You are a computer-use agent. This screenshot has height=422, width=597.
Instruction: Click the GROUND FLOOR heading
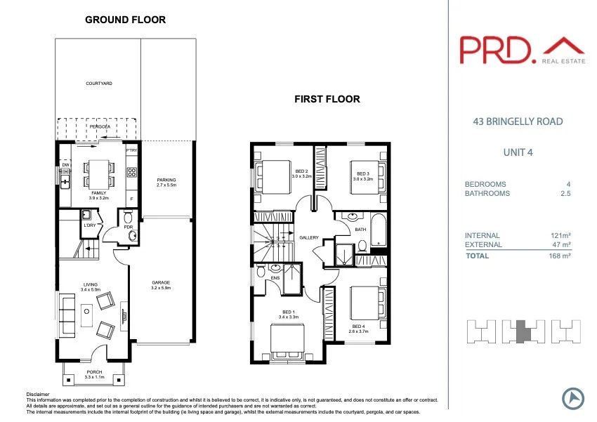click(125, 20)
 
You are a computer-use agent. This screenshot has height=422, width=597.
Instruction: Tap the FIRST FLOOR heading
click(327, 100)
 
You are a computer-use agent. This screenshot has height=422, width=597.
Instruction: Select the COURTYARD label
click(99, 84)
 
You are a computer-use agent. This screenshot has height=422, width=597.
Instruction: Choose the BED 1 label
click(288, 314)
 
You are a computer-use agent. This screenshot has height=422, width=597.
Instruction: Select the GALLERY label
click(309, 238)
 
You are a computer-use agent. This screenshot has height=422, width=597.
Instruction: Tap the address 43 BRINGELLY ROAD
click(518, 121)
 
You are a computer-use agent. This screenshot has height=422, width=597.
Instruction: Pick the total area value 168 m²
click(560, 256)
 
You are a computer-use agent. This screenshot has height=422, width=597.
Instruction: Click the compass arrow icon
click(572, 398)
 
